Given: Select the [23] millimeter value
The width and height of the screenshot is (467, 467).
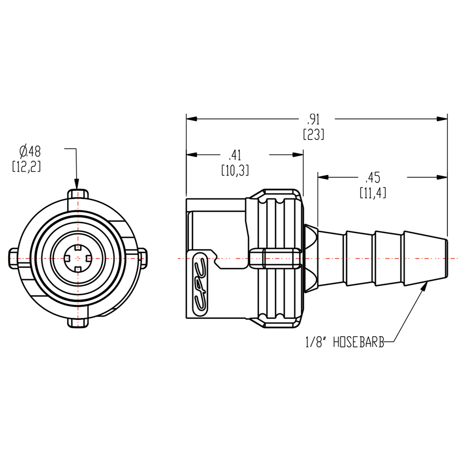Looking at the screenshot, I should (313, 135).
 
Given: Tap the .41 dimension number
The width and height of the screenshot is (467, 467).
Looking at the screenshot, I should (234, 155).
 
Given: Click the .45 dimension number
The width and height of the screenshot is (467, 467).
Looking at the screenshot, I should (373, 177).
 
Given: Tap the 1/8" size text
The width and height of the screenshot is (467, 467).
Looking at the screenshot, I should (315, 343).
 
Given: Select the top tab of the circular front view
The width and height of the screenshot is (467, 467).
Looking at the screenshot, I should (77, 194).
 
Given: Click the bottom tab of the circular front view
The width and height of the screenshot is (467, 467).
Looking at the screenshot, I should (77, 322).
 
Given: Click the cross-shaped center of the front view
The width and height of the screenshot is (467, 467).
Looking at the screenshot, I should (77, 257).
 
